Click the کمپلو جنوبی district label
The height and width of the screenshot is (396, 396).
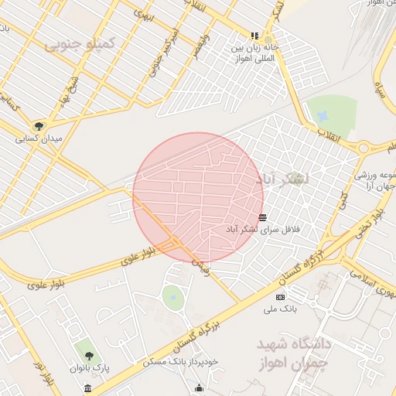point(80,44)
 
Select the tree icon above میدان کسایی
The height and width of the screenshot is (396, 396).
point(39,126)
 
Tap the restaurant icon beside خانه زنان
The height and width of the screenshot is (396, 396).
point(254,36)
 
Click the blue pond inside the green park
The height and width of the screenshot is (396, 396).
point(322,115)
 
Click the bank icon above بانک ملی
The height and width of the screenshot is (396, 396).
point(280,297)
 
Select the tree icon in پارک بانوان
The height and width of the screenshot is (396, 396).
point(89,356)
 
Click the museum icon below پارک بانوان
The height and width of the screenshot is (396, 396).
point(88,387)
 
